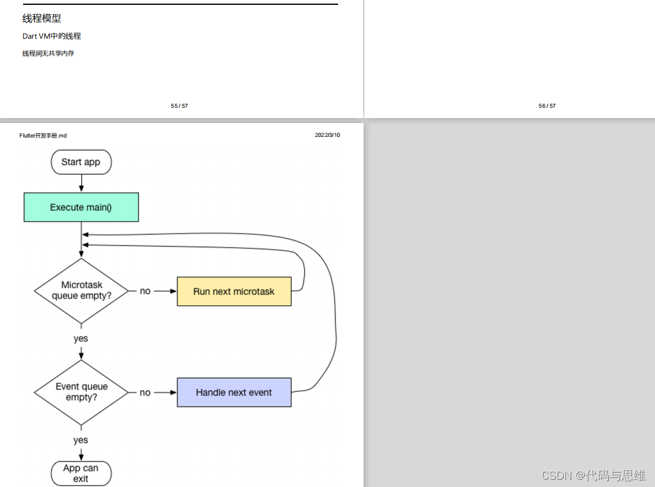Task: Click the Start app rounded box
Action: (81, 162)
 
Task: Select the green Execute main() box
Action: (81, 207)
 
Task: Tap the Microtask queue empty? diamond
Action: (81, 291)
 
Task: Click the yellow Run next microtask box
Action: (234, 291)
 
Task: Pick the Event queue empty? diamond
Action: (81, 392)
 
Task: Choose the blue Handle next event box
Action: (234, 393)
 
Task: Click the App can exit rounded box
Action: (81, 473)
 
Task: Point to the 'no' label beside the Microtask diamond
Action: (145, 291)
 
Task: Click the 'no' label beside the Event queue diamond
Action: (145, 393)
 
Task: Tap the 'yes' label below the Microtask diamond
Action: (81, 339)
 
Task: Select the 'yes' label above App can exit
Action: (81, 440)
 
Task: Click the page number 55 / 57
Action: (179, 106)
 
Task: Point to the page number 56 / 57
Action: (547, 106)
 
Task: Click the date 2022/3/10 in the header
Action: (327, 135)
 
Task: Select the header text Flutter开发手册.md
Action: (43, 136)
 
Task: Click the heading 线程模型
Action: (42, 19)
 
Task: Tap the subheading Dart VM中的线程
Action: (52, 36)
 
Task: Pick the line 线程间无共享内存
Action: (48, 53)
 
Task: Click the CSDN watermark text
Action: (593, 475)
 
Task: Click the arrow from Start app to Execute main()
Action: (81, 183)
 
